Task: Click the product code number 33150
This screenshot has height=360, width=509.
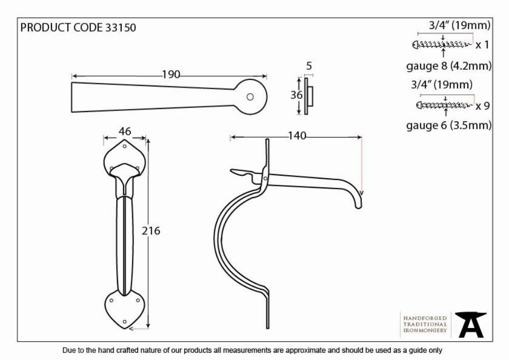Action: pos(121,27)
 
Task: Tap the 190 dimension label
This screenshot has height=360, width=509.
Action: pos(171,75)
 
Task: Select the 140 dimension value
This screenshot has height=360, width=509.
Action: pos(297,135)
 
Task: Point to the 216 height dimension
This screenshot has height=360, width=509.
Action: pos(151,231)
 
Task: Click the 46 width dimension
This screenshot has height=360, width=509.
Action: pos(125,131)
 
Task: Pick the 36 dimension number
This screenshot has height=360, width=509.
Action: pos(296,95)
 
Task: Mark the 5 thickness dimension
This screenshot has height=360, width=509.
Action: pos(309,66)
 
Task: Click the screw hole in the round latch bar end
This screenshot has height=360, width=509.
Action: pos(250,97)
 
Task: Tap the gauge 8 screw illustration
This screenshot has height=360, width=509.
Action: pos(442,44)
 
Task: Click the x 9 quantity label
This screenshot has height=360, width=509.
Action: pos(483,106)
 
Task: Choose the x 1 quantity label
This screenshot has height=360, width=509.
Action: pos(482,45)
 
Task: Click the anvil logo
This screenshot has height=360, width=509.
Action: pos(470,325)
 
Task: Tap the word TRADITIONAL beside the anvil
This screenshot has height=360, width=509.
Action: pos(425,324)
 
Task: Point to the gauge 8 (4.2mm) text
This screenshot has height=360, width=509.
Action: pos(449,66)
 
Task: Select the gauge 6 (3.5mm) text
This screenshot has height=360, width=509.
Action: pos(449,125)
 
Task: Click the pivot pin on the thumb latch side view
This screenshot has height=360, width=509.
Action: pos(266,178)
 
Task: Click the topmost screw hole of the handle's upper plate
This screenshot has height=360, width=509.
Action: pos(125,147)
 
